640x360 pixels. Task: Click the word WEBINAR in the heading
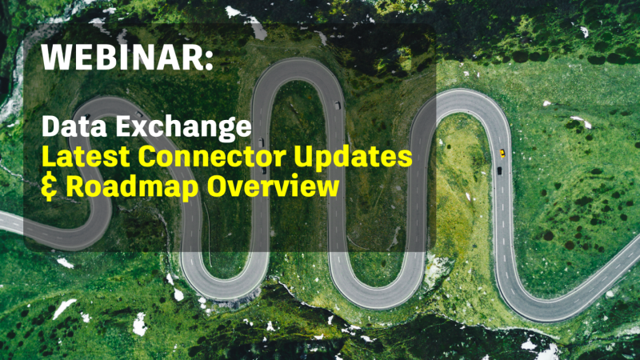(121, 58)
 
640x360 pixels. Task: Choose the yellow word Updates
(360, 158)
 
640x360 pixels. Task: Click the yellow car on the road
(502, 152)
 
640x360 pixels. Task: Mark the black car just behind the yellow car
(499, 170)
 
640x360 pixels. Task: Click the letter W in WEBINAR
(56, 58)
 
